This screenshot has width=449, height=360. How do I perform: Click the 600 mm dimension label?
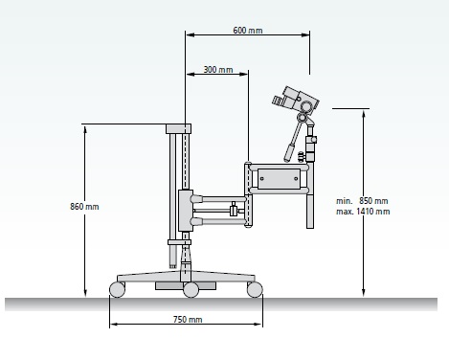point(248,31)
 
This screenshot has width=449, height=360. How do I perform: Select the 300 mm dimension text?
point(218,70)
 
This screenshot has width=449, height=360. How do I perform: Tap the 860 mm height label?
point(84,207)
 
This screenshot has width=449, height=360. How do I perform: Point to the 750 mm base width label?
point(188,319)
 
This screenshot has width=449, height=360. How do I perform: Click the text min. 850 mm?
point(362,201)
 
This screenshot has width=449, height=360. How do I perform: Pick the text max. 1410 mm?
point(363,212)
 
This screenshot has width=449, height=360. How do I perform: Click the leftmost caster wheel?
point(117,289)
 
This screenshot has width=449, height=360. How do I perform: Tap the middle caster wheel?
point(191,290)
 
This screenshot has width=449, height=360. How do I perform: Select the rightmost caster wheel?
point(255,289)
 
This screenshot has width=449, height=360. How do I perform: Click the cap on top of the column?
point(178,128)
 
